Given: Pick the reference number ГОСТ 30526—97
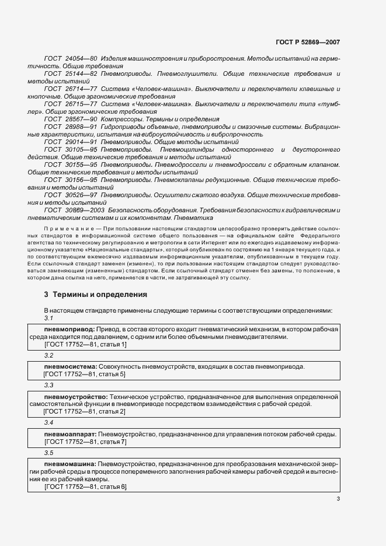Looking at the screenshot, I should point(70,194).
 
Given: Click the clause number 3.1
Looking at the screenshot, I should point(49,318).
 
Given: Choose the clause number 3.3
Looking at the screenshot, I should point(49,386).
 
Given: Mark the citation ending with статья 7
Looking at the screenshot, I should point(85,442).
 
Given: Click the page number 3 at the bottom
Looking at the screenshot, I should point(338,498).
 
